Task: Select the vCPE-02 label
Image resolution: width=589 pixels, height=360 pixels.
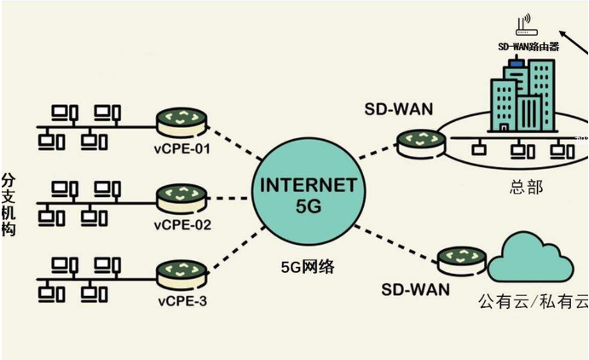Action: click(182, 226)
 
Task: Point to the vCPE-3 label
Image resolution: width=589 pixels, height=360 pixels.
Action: click(181, 302)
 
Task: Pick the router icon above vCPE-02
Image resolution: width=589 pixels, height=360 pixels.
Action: click(182, 198)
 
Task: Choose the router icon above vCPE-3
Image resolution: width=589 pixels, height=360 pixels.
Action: click(182, 275)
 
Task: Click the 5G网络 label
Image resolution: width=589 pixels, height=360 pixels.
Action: click(308, 267)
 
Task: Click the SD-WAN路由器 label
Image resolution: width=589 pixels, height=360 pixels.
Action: click(528, 47)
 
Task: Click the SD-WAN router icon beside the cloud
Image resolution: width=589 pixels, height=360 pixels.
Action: click(461, 258)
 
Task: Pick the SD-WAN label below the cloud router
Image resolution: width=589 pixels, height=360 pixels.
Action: click(413, 289)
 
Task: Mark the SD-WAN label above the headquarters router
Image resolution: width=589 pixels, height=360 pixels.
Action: click(398, 108)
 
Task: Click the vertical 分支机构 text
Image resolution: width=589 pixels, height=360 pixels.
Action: click(9, 204)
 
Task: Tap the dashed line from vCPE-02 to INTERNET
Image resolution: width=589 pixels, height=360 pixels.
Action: click(231, 197)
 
